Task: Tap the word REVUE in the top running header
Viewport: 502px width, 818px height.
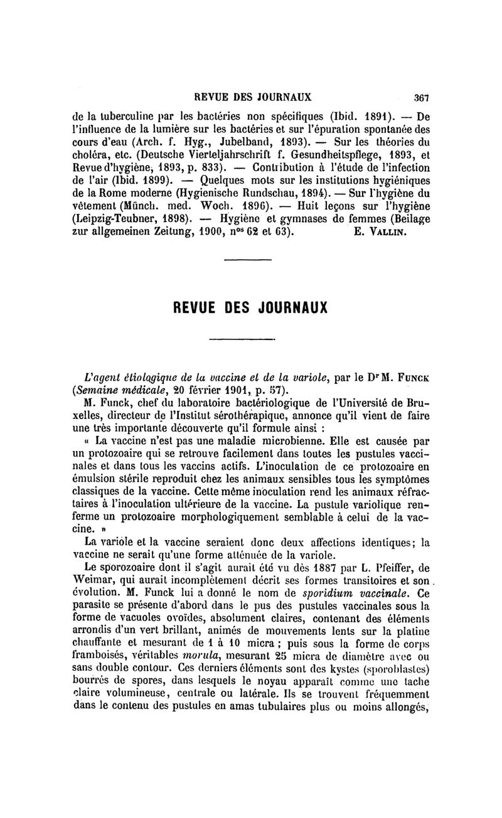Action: pyautogui.click(x=215, y=98)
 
